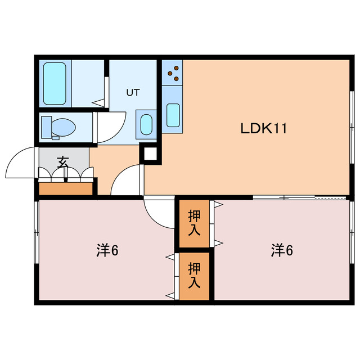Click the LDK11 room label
point(264,129)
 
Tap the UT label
point(132,92)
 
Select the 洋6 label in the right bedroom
point(282,250)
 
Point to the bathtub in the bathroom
point(55,83)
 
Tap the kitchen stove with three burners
point(173,73)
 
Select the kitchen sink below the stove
point(173,115)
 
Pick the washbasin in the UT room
point(146,123)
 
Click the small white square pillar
point(150,153)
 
